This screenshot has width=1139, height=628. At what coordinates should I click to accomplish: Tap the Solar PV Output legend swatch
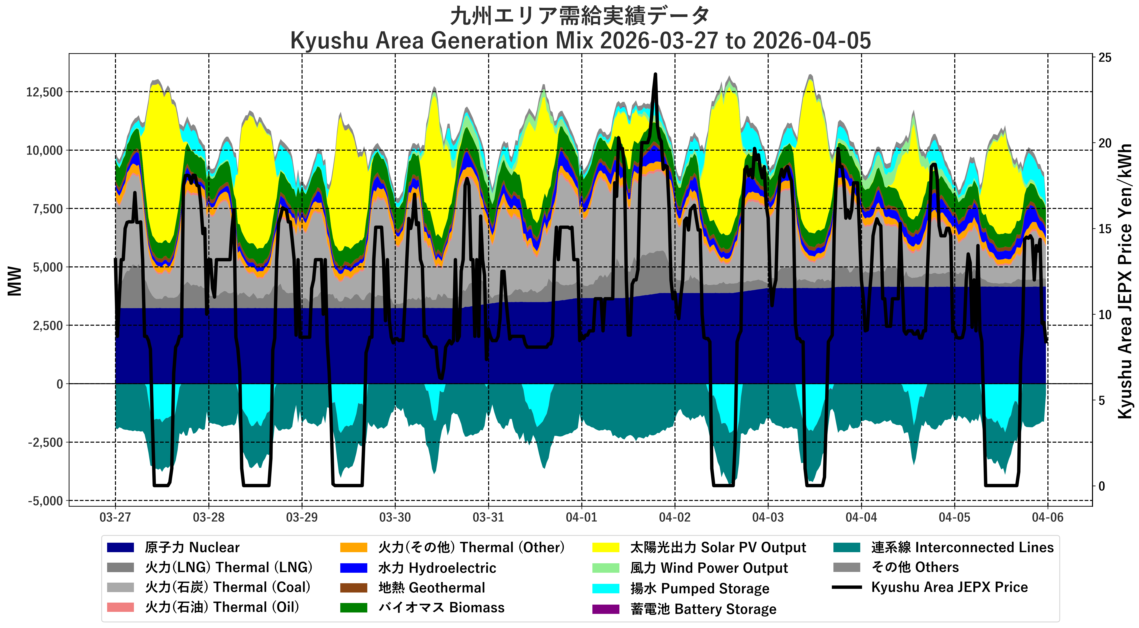[x=606, y=548]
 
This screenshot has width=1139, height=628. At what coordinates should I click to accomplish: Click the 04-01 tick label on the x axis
[x=582, y=517]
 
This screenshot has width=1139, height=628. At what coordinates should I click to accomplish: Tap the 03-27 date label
[x=115, y=517]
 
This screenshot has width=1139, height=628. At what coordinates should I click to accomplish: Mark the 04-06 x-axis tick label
[x=1047, y=517]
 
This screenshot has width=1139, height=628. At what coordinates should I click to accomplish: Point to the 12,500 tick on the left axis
[x=44, y=92]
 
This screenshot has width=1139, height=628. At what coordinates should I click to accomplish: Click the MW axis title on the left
[x=15, y=281]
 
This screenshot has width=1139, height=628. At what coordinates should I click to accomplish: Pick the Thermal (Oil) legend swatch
[x=120, y=607]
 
